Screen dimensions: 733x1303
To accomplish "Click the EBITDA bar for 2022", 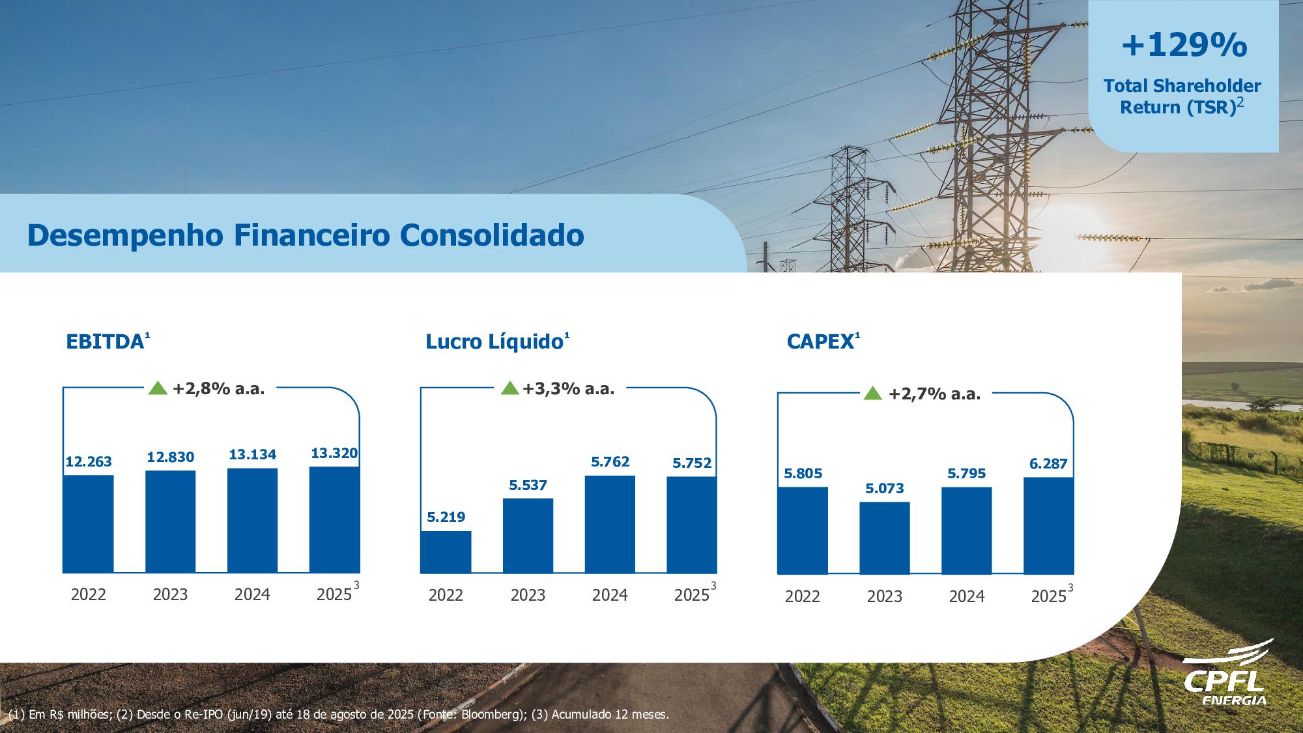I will (x=88, y=524).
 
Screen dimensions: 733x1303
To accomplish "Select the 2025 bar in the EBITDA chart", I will (x=334, y=519).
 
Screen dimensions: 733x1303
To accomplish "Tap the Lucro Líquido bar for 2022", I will (x=446, y=552).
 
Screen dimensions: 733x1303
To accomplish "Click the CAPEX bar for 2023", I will (x=884, y=538).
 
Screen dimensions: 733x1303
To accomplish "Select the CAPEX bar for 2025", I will (x=1048, y=525).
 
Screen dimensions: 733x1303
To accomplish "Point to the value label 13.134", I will (x=252, y=454).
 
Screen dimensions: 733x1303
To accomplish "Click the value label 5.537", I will (x=528, y=485).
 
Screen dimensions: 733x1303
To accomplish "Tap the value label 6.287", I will (x=1048, y=464).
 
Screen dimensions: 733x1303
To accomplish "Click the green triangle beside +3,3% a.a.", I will (x=510, y=389).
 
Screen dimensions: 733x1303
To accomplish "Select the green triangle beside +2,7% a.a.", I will (x=872, y=394).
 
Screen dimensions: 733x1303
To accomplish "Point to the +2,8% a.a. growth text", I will (x=218, y=389).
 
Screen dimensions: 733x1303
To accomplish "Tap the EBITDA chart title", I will (x=105, y=341).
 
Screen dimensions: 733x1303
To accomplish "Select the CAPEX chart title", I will (x=820, y=341).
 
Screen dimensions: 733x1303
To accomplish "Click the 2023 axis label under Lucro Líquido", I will (x=528, y=595).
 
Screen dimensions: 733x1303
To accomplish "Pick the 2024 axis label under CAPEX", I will (x=966, y=596).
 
